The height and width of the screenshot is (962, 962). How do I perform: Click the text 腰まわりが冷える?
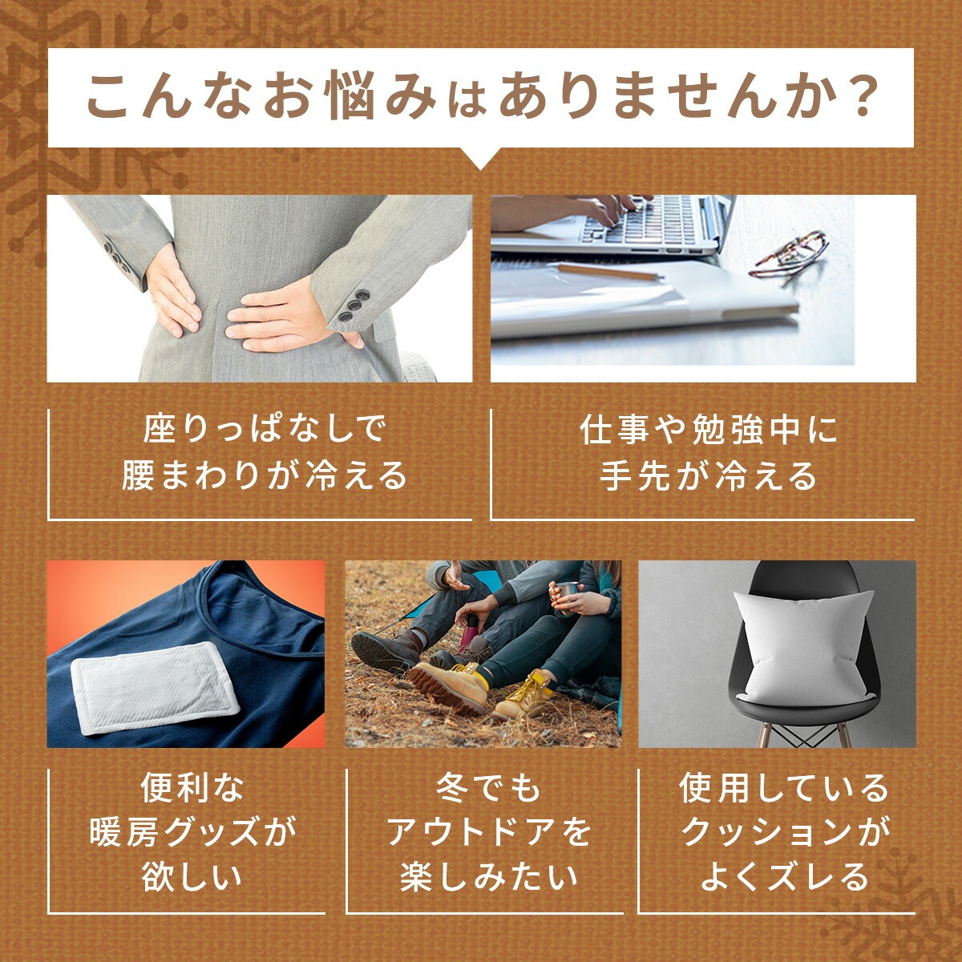(265, 475)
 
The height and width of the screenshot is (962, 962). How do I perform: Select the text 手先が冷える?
(709, 475)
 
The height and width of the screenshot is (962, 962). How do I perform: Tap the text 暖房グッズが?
(193, 831)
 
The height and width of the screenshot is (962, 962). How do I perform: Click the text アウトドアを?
(489, 831)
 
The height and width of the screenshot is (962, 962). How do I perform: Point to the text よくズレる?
(784, 876)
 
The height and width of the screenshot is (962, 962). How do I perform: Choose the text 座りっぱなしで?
(265, 430)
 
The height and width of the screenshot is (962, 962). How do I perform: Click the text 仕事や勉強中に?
(709, 430)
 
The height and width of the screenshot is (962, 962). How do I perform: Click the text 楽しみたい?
(489, 876)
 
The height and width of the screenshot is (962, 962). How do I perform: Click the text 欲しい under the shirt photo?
(192, 876)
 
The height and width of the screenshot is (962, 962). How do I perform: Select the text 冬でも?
(488, 786)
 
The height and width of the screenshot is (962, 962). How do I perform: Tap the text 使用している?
(784, 786)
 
